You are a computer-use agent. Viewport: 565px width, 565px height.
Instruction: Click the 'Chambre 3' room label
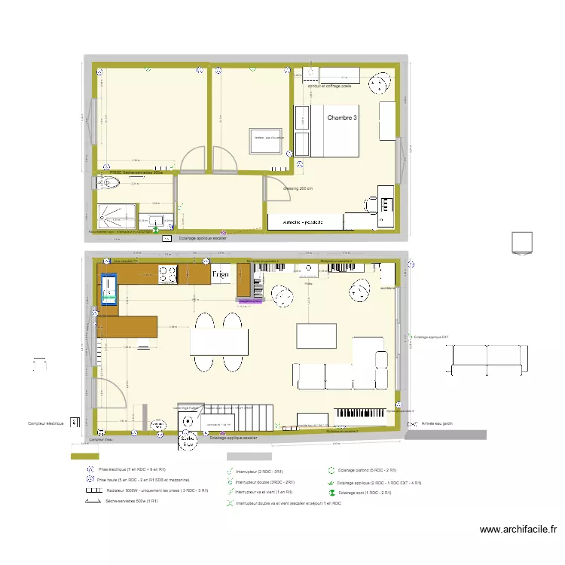[x=343, y=118]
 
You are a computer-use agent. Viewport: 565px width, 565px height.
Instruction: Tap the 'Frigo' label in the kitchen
[x=221, y=274]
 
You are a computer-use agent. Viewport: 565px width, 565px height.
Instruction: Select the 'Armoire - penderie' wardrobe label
[x=303, y=223]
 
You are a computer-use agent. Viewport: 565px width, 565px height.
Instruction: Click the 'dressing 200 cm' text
[x=298, y=188]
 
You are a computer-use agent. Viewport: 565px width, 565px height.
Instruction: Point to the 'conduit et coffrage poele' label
[x=330, y=86]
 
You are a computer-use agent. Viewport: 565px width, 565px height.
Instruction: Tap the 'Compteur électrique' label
[x=46, y=424]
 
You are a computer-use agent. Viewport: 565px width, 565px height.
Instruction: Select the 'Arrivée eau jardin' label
[x=437, y=424]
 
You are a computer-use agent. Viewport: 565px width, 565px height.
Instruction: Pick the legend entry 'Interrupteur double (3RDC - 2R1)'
[x=265, y=481]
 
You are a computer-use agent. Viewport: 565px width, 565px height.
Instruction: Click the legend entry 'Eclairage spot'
[x=360, y=492]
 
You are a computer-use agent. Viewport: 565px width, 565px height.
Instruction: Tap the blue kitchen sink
[x=110, y=288]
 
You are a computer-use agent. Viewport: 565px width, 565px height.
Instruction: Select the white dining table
[x=219, y=341]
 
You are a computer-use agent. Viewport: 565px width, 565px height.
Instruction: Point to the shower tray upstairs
[x=115, y=215]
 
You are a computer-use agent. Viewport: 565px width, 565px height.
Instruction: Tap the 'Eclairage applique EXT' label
[x=431, y=337]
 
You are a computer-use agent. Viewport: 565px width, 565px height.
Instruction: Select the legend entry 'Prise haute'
[x=143, y=480]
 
